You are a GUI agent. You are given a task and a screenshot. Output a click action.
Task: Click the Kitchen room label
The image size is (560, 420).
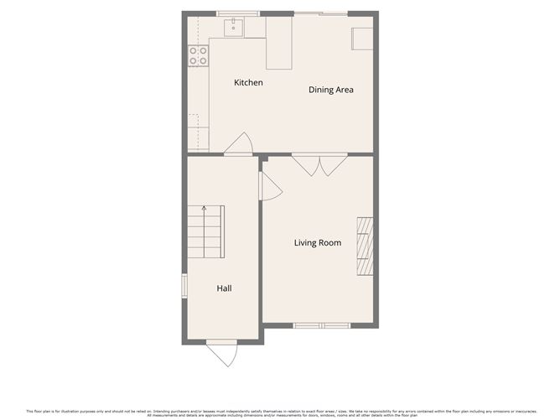248,82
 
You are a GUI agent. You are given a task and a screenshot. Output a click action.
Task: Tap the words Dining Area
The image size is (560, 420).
330,90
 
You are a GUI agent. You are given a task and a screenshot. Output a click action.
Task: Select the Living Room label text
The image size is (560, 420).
317,243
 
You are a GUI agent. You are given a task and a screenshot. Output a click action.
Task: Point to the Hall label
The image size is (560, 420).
224,288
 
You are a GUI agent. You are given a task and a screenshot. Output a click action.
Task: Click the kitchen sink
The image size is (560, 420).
233,28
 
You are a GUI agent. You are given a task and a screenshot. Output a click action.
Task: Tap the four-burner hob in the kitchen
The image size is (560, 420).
199,55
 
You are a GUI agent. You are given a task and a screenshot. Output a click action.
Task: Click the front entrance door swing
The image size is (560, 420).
222,355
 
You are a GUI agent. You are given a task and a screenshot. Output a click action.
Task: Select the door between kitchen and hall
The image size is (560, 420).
239,145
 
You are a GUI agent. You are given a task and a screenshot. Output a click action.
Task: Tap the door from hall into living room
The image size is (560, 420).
271,187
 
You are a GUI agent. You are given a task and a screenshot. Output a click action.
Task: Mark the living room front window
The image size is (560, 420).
321,325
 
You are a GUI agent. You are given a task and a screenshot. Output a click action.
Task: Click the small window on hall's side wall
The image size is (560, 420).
185,284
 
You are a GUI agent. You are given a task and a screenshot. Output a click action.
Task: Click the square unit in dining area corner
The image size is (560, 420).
362,39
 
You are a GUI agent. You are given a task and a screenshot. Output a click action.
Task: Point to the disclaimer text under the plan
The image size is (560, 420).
280,413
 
